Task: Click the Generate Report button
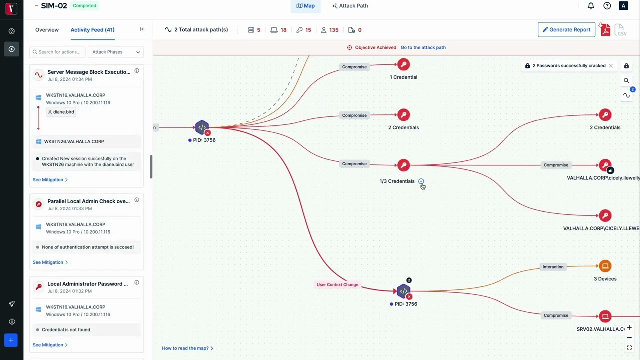pos(566,29)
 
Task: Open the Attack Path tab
pos(350,6)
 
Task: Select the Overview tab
pos(47,30)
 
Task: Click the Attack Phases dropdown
pos(116,52)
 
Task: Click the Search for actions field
pos(57,52)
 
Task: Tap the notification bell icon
pos(591,6)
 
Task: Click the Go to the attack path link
pos(423,47)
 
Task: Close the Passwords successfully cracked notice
pos(611,66)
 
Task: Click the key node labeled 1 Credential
pos(403,64)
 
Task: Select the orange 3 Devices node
pos(605,266)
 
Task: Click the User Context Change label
pos(337,285)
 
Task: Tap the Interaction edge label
pos(553,267)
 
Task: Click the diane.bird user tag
pos(61,112)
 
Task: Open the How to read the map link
pos(187,348)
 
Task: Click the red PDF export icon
pos(605,29)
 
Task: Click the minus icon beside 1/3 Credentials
pos(421,181)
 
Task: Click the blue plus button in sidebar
pos(11,340)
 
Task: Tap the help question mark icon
pos(607,6)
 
